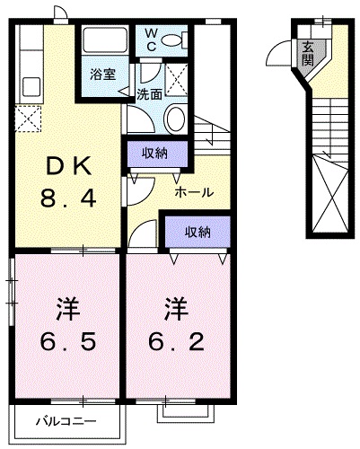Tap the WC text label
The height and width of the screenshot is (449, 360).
[x=152, y=39]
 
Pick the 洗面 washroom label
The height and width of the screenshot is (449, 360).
[x=149, y=93]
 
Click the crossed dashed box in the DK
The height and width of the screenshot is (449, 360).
[x=28, y=117]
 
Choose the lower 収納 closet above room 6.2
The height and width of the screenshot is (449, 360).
[x=198, y=231]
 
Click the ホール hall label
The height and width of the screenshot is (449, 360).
[x=193, y=191]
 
